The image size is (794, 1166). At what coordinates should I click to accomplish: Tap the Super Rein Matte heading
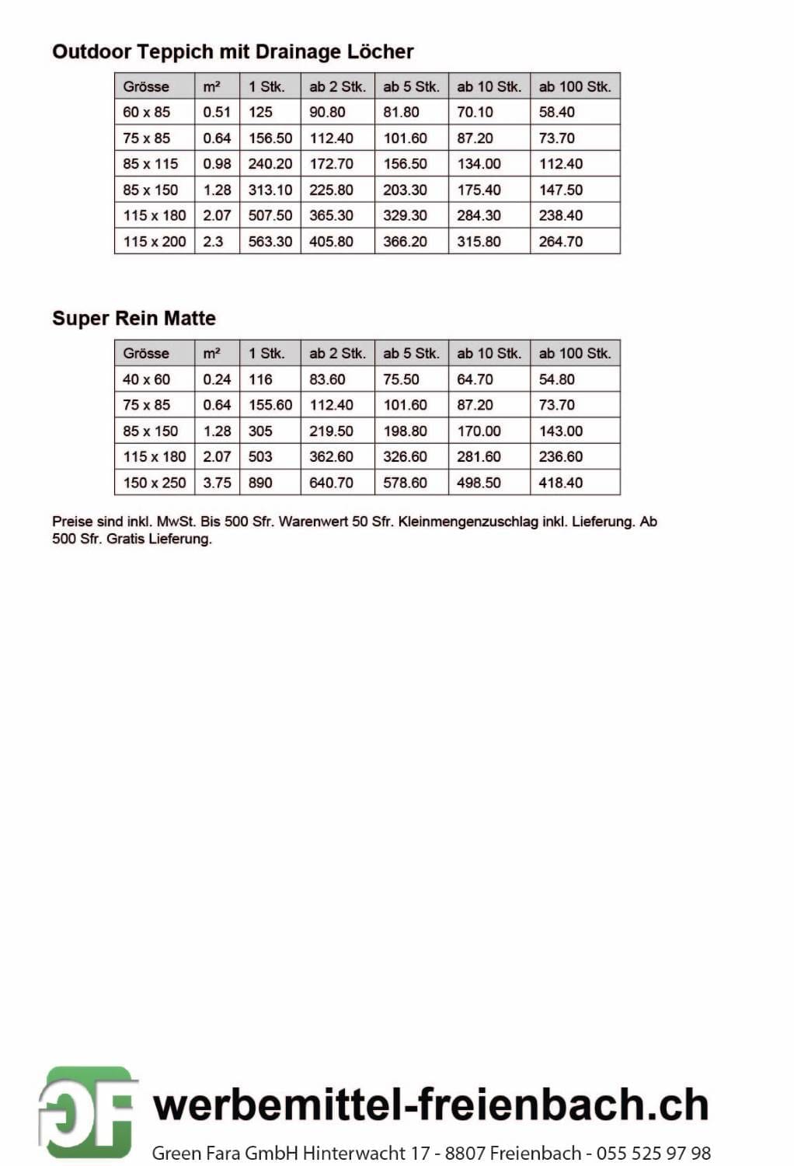point(134,318)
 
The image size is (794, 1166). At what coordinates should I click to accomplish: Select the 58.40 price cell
point(556,112)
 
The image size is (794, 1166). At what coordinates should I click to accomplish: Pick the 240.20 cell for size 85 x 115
point(270,164)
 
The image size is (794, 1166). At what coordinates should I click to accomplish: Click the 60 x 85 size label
point(146,112)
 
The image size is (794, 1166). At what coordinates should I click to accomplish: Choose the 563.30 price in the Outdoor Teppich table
point(270,242)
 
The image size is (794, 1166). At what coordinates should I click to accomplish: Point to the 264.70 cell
point(560,242)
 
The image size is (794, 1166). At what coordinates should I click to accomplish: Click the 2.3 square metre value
point(213,242)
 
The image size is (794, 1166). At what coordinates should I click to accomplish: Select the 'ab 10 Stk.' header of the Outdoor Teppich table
point(489,86)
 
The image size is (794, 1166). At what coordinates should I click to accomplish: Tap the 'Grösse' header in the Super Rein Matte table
point(146,353)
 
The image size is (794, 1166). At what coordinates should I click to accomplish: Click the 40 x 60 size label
point(146,379)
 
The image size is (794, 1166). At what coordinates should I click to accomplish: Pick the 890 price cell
point(260,483)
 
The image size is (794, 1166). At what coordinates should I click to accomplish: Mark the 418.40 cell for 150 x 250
point(560,483)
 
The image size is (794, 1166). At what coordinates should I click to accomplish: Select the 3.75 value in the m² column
point(217,483)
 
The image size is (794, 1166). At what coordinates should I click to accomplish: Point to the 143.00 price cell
point(560,431)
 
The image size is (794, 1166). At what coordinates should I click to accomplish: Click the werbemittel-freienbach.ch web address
point(430,1105)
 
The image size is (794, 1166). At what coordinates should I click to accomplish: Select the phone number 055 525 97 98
point(653,1152)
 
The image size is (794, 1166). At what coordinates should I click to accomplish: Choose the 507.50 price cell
point(270,215)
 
